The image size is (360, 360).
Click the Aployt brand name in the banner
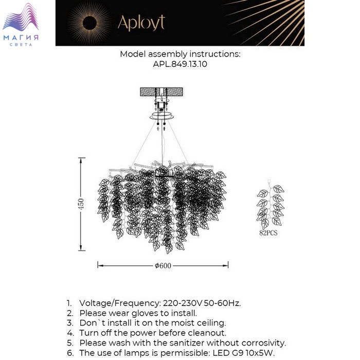141,23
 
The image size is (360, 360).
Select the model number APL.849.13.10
180,64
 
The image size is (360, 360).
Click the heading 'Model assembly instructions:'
180,54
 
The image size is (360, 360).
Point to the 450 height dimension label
80,204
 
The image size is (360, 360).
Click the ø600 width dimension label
163,266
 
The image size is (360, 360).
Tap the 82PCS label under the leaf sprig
268,232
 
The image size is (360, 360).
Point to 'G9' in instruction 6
221,353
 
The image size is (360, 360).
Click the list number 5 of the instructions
69,343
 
